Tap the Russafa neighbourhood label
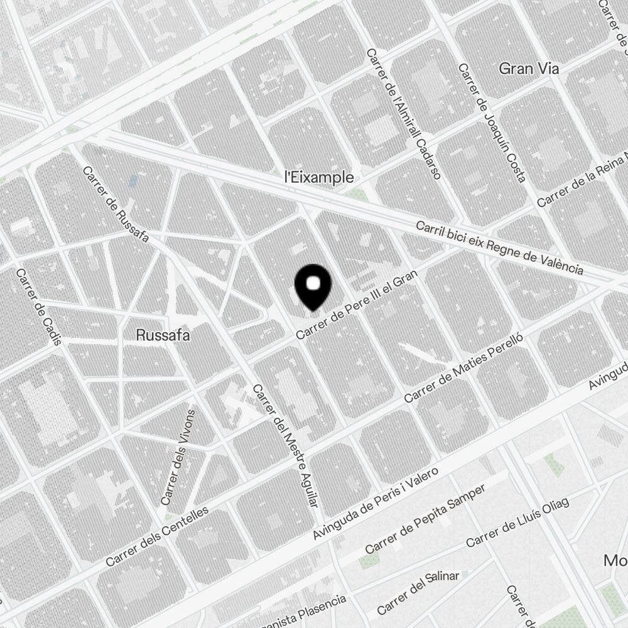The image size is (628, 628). click(163, 335)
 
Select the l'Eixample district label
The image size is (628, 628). click(318, 178)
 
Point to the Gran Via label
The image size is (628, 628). click(529, 69)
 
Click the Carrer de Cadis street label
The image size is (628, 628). click(38, 307)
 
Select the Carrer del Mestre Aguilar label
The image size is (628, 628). click(286, 445)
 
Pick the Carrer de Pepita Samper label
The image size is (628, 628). click(425, 520)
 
